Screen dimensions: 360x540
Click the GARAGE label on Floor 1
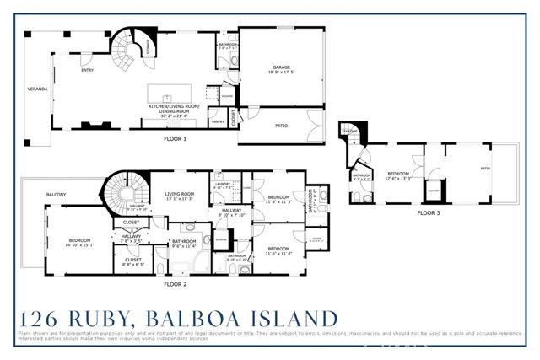click(x=280, y=68)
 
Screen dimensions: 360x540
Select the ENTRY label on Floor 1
click(x=87, y=71)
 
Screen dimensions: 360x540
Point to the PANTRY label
click(x=218, y=121)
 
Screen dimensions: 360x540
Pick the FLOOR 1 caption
click(x=175, y=138)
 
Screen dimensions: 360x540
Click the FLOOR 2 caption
click(x=175, y=284)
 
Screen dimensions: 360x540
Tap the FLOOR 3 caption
click(x=429, y=213)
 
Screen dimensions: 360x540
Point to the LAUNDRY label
click(x=224, y=184)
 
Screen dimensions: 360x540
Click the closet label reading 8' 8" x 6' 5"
click(x=131, y=261)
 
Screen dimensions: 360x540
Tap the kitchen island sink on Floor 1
click(x=168, y=87)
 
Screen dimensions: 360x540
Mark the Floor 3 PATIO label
click(x=485, y=169)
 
